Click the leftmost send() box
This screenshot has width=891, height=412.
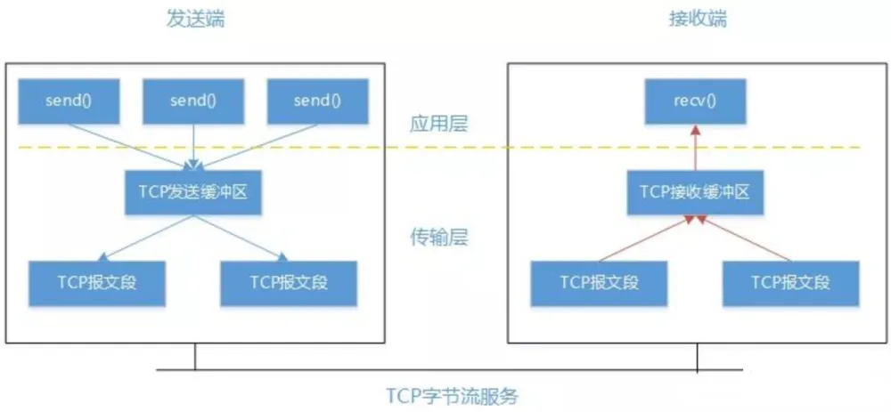[x=69, y=101]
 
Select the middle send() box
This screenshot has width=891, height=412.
[x=193, y=101]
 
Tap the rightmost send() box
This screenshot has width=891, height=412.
[x=317, y=101]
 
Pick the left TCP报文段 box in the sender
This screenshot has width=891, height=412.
[x=98, y=282]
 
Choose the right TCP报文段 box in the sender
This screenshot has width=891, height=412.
[x=289, y=282]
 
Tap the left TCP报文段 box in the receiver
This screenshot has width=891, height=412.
[x=600, y=282]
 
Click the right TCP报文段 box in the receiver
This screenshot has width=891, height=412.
[x=790, y=282]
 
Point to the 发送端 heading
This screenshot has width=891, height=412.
[x=195, y=19]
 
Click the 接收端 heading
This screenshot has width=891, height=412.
[x=698, y=19]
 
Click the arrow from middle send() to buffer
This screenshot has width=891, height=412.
[x=193, y=148]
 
